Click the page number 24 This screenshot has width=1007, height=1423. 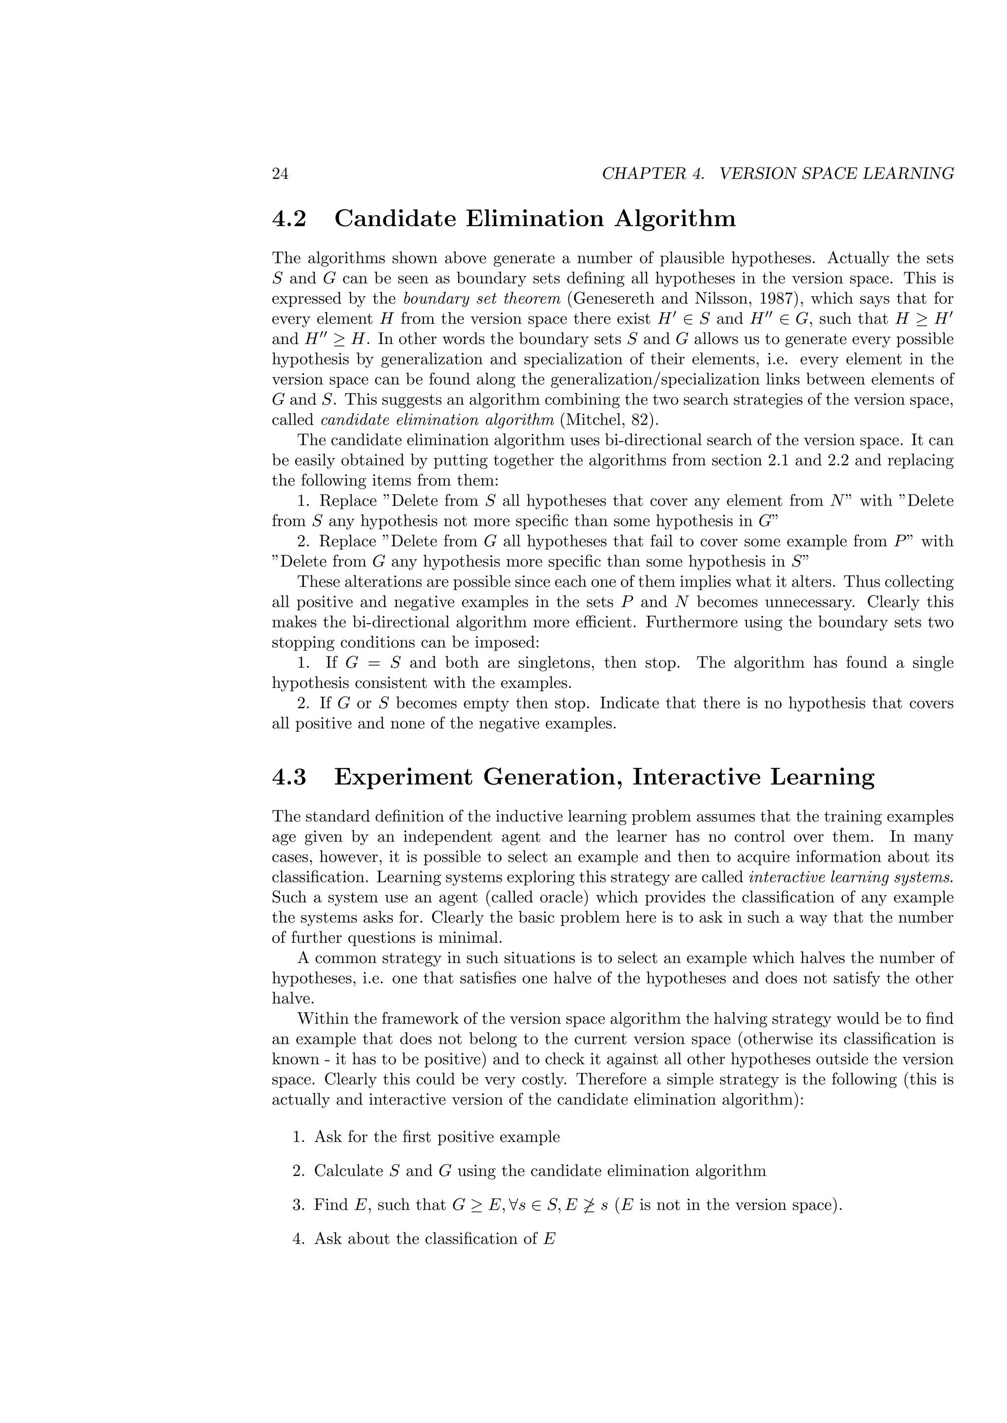[280, 174]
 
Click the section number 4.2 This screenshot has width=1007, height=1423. [289, 219]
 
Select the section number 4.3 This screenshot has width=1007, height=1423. [289, 777]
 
